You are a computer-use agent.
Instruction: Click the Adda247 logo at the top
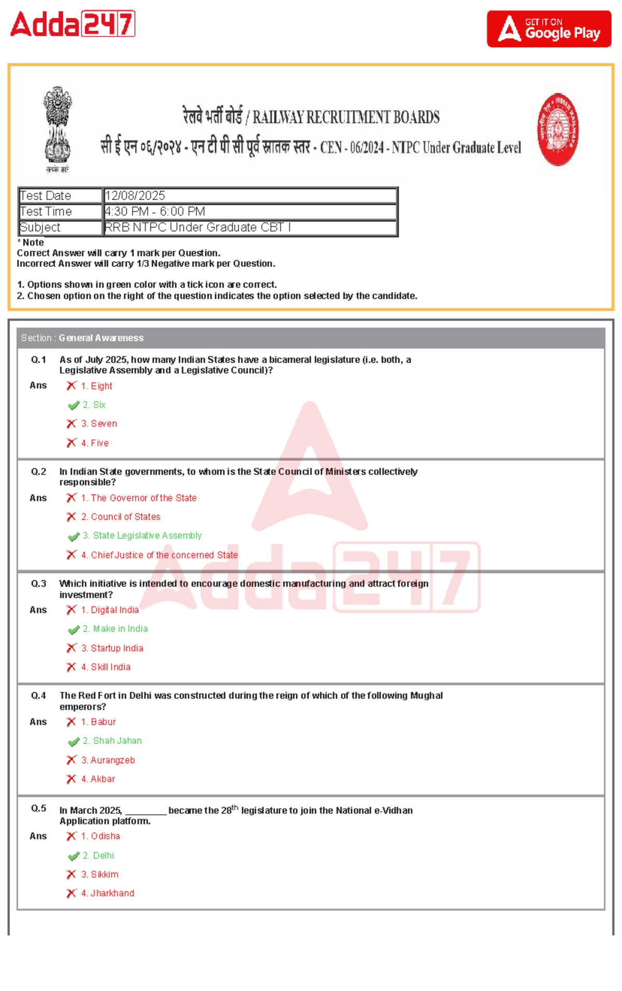coord(73,24)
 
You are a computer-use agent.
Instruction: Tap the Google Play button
coord(548,29)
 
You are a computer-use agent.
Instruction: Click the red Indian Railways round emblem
coord(558,130)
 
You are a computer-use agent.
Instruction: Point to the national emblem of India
coord(57,129)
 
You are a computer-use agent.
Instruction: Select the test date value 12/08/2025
coord(135,195)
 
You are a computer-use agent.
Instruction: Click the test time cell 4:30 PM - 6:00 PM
coord(155,211)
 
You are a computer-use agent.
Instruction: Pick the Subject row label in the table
coord(40,228)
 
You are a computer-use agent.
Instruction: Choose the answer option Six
coord(99,405)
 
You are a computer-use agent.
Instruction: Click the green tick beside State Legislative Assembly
coord(74,536)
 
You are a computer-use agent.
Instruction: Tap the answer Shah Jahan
coord(117,741)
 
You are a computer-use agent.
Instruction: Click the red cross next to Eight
coord(72,386)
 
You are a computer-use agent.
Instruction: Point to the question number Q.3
coord(38,584)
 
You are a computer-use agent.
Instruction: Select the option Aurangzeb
coord(112,760)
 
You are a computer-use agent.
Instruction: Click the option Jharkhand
coord(112,893)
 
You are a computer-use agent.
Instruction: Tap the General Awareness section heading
coord(101,338)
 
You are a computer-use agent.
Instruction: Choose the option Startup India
coord(117,648)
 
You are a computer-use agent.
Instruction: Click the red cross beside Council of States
coord(72,517)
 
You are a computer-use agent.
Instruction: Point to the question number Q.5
coord(38,808)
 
